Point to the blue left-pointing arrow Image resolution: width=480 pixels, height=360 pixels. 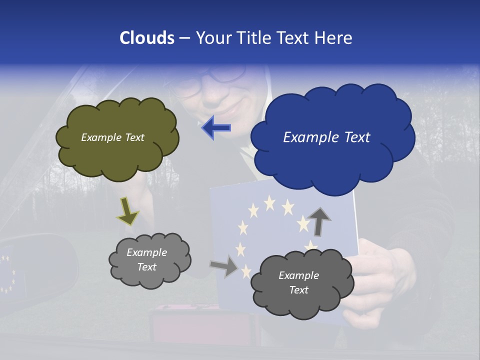tap(216, 128)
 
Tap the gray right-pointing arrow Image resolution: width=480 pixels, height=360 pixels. tap(224, 266)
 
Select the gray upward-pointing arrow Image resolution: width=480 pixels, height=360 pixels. tap(318, 220)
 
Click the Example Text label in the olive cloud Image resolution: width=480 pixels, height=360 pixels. tap(112, 137)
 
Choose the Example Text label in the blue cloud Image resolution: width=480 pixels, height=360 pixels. tap(326, 137)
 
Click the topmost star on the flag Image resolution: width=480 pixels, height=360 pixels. tap(270, 202)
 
